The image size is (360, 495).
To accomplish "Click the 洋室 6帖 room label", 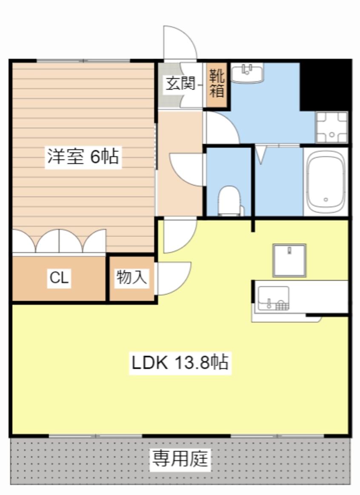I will [x=83, y=157].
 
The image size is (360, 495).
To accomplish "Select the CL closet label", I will [x=59, y=279].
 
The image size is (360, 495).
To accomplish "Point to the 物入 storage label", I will [x=131, y=278].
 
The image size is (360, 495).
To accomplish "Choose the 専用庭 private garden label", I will [x=180, y=459].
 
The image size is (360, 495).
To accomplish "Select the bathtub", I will [x=326, y=182].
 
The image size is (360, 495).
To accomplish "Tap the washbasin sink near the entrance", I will [x=248, y=73].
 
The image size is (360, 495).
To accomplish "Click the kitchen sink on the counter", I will [x=273, y=299].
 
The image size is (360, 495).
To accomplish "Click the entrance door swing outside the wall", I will [x=180, y=43].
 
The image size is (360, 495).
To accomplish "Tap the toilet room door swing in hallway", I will [x=187, y=169].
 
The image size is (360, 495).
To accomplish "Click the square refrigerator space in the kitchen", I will [x=289, y=260].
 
